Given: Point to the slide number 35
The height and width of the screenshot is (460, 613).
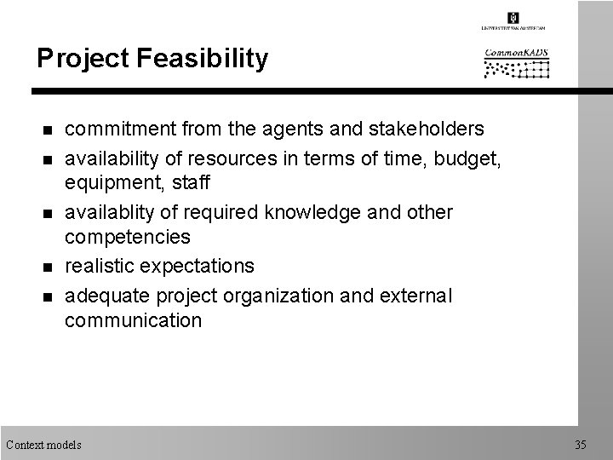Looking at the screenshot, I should (581, 444).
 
